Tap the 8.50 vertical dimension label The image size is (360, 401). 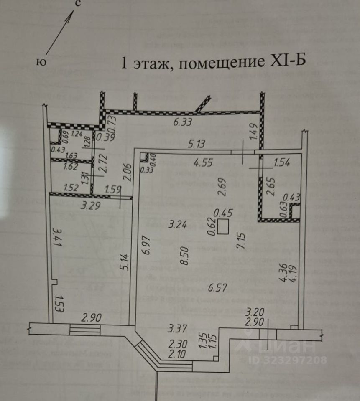pos(186,255)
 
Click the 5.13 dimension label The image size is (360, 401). pos(197,145)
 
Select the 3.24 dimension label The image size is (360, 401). pos(177,225)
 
